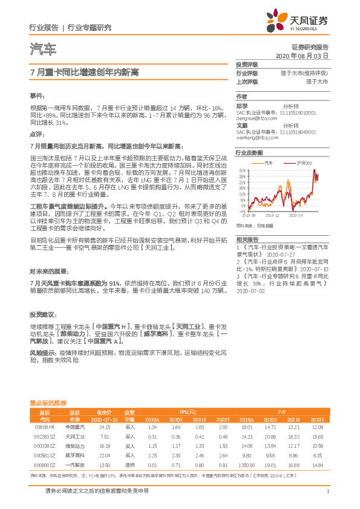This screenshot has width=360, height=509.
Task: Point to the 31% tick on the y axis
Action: click(x=242, y=171)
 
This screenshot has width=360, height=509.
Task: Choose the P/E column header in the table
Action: click(x=282, y=409)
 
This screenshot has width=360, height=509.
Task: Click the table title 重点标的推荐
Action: click(x=48, y=402)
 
